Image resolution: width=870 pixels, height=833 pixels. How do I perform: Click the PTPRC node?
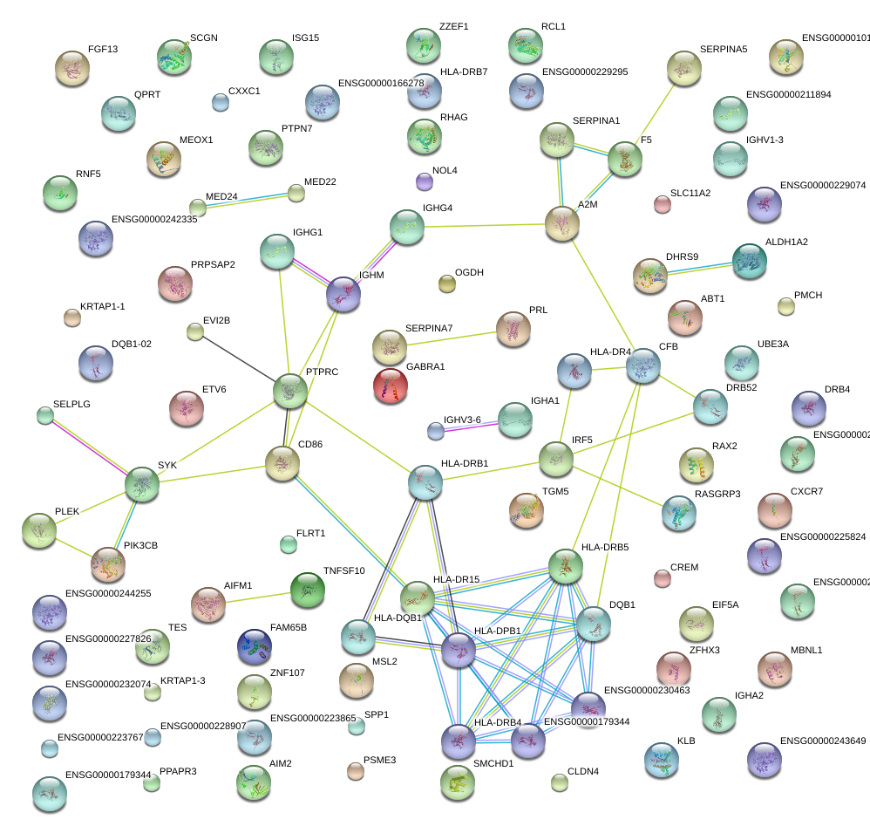point(290,391)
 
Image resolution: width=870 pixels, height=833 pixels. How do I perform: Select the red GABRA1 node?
point(390,386)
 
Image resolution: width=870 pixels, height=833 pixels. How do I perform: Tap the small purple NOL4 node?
point(424,181)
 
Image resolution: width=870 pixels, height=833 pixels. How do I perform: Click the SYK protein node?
point(142,483)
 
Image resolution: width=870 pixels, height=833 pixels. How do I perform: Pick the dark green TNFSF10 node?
point(307,590)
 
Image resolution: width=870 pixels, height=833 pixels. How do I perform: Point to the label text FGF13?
point(103,50)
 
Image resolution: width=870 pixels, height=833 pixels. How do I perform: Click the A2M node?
point(562,224)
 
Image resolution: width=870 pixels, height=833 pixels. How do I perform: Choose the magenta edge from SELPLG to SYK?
point(92,447)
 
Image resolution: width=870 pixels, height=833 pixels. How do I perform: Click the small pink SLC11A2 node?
point(662,205)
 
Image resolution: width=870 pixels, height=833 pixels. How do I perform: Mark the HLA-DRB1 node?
point(425,482)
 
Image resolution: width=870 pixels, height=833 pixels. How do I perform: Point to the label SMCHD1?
point(493,763)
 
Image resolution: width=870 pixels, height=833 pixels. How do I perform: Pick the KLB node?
point(661,760)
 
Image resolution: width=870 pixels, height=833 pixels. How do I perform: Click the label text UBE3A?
point(772,345)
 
